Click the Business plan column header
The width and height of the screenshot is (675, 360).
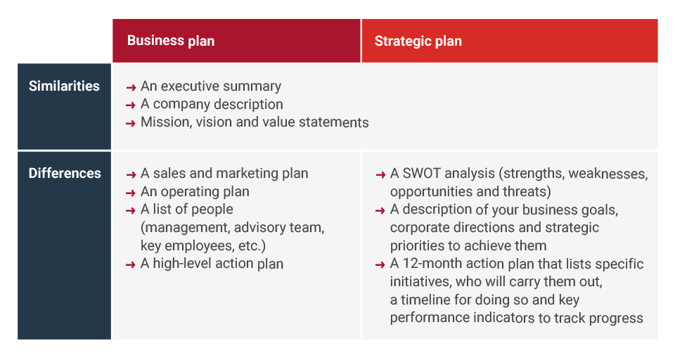pyautogui.click(x=171, y=41)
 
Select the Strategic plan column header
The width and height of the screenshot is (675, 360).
pyautogui.click(x=418, y=41)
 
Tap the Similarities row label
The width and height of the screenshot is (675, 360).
pyautogui.click(x=64, y=86)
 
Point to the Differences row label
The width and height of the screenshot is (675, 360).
pyautogui.click(x=64, y=173)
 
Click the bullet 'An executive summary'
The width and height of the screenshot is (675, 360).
pyautogui.click(x=210, y=86)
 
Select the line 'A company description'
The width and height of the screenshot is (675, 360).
pyautogui.click(x=212, y=105)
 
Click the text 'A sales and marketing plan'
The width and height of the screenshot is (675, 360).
pyautogui.click(x=224, y=174)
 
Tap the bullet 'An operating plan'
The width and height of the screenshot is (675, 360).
pyautogui.click(x=195, y=192)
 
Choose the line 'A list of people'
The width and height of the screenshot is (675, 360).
pyautogui.click(x=186, y=210)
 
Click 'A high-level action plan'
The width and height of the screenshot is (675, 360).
pyautogui.click(x=212, y=264)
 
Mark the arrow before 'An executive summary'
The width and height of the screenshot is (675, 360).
pyautogui.click(x=131, y=87)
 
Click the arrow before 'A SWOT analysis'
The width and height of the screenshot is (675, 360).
pyautogui.click(x=380, y=174)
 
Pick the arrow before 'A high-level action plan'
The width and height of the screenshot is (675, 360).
pyautogui.click(x=131, y=265)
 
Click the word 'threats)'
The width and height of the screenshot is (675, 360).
pyautogui.click(x=527, y=192)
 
